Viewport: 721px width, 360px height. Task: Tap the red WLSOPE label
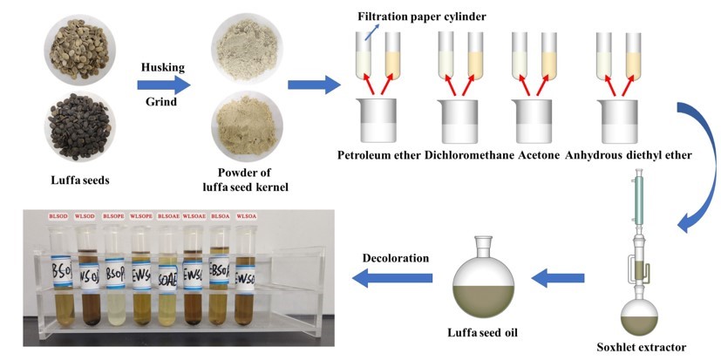142,214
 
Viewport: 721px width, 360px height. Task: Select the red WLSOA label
247,214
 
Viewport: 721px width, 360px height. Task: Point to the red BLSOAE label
167,214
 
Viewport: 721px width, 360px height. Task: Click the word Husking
163,64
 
